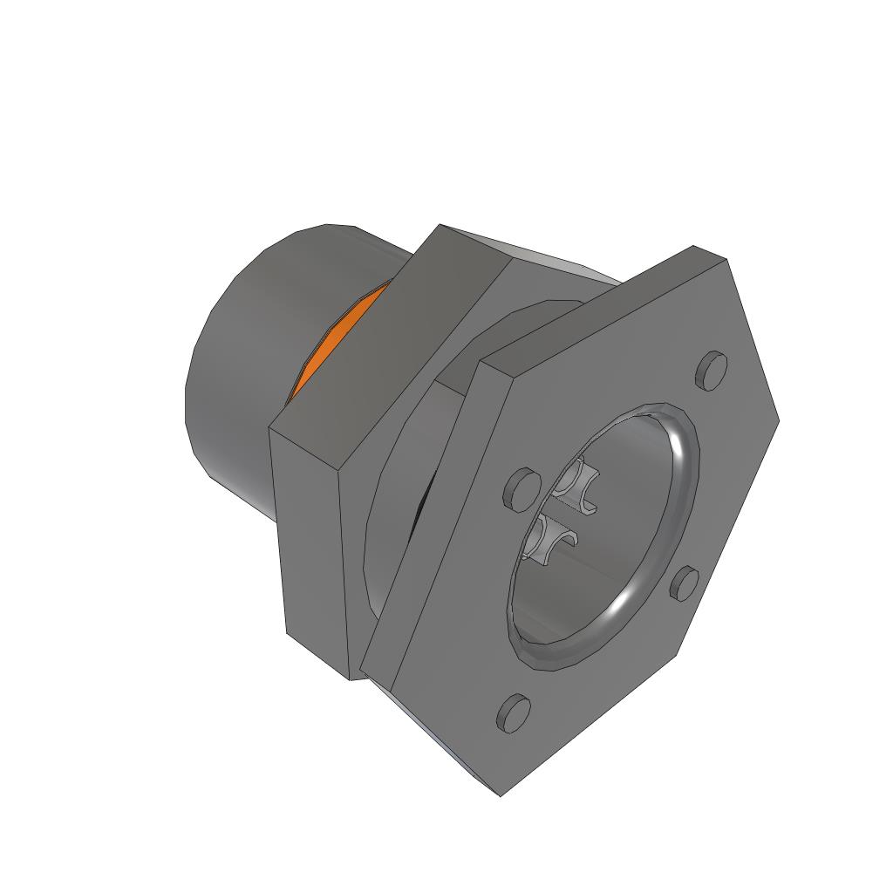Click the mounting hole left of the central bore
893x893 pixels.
(521, 488)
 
